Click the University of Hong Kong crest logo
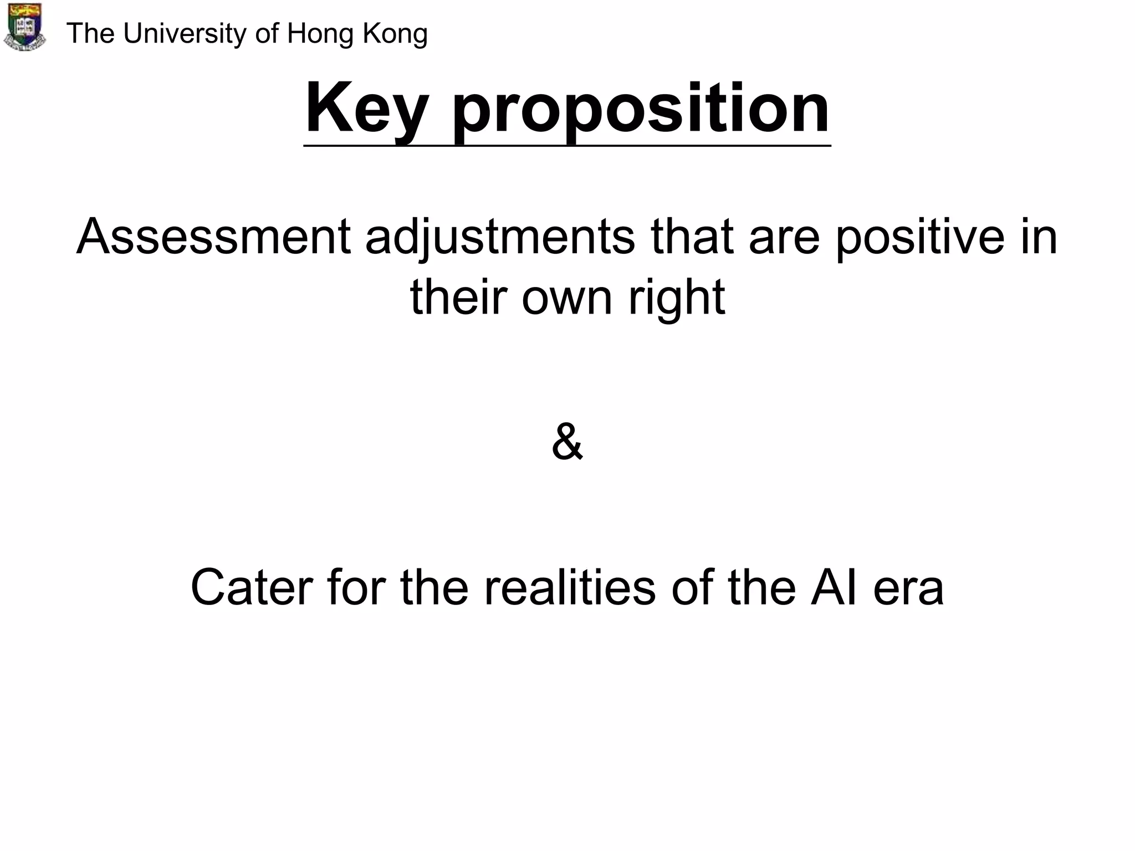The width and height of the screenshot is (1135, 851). [x=25, y=27]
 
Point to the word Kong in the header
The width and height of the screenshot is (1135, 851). [x=395, y=34]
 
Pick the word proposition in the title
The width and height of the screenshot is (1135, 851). [x=641, y=109]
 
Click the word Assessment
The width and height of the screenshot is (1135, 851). [x=213, y=237]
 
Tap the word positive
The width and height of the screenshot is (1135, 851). [x=919, y=237]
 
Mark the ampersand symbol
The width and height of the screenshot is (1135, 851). [x=567, y=442]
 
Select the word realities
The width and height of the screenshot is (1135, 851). [x=570, y=588]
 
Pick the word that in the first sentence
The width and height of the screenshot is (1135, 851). [x=692, y=237]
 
